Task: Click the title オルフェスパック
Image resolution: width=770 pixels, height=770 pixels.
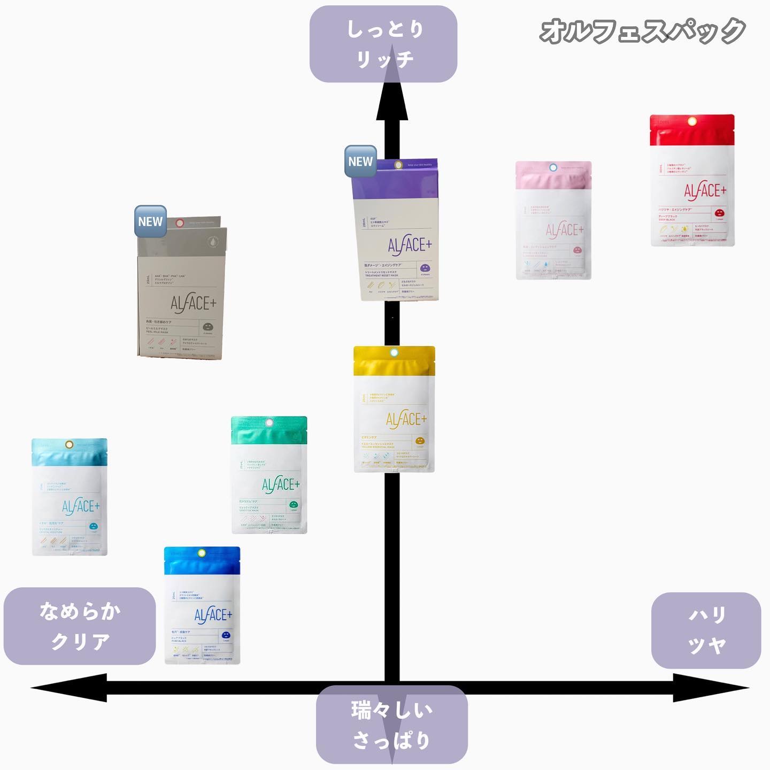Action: pos(642,30)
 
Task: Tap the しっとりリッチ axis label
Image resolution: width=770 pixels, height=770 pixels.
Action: pos(383,44)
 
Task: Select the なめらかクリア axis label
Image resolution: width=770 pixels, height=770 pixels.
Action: pos(80,626)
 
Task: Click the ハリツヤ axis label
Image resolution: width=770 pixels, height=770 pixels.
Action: pos(706,630)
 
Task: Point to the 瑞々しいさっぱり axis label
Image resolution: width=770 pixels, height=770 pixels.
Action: pos(391,725)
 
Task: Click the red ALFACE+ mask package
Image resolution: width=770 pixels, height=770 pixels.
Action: pos(692,180)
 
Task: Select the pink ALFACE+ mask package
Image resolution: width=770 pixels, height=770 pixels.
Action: pos(553,220)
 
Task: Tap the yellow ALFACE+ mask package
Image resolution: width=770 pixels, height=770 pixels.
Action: pos(394,409)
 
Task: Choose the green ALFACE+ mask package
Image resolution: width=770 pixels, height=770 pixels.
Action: pos(269,475)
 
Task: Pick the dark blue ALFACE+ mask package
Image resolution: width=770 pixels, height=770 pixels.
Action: pos(202,605)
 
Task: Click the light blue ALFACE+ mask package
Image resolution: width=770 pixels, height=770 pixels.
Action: pos(70,497)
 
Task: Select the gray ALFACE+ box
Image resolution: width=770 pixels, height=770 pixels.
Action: pos(182,289)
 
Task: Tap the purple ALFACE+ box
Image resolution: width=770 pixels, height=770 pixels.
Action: pos(396,230)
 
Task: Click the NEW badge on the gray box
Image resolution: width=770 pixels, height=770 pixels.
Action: pos(150,221)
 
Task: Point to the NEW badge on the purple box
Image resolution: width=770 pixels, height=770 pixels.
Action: pos(360,161)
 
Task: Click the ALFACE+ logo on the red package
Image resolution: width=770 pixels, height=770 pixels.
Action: pos(705,190)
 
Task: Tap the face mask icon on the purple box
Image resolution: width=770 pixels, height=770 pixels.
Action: pos(425,267)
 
